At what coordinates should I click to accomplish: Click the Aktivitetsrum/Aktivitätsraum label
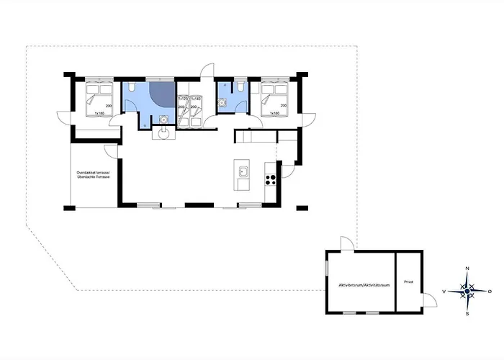pos(359,284)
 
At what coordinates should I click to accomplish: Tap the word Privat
pos(408,282)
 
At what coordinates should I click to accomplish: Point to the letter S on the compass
pos(467,314)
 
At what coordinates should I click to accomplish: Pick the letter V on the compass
pos(444,292)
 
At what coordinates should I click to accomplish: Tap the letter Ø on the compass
pos(490,292)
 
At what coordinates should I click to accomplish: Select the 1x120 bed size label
pos(183,99)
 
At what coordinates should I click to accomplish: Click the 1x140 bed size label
pos(195,99)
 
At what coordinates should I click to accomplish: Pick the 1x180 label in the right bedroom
pos(274,114)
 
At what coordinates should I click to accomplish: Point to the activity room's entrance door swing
pos(346,244)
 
